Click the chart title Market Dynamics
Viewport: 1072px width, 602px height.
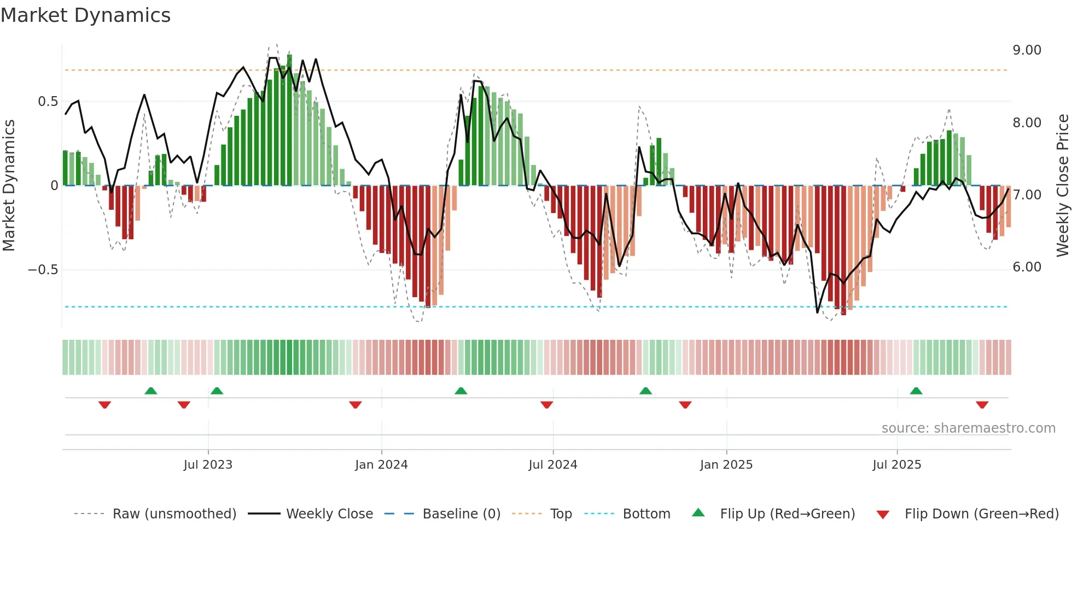pos(85,15)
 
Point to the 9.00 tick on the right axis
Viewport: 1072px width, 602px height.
pos(1027,50)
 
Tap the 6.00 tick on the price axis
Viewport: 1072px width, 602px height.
pos(1027,267)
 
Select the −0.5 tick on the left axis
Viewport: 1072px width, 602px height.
pos(43,270)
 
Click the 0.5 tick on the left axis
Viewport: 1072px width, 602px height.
pos(48,102)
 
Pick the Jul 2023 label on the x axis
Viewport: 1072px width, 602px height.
pos(208,465)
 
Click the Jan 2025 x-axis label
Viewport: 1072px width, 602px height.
pos(726,465)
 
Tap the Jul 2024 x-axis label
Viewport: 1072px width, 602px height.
pos(552,465)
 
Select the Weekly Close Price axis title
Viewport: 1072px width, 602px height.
pos(1062,186)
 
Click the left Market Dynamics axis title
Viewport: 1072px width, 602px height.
pos(9,186)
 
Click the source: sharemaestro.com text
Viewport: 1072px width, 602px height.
pos(968,428)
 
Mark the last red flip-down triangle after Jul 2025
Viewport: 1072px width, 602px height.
pos(982,405)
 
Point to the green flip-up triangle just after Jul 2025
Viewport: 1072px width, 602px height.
pos(916,391)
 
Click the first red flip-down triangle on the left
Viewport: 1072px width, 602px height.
pos(104,405)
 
